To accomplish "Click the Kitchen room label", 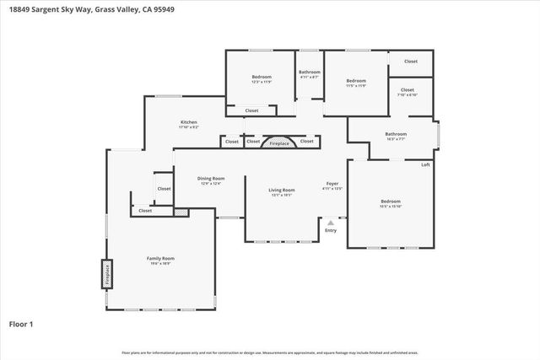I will tap(189, 123).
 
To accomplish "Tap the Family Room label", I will tap(160, 258).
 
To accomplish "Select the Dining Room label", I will tap(210, 178).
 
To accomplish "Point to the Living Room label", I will tap(282, 191).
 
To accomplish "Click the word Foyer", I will tap(332, 184).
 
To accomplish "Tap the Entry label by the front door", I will tap(331, 229).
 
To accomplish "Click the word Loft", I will tap(425, 164).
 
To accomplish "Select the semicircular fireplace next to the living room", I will tap(279, 142).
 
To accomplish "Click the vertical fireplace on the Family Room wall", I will tap(107, 272).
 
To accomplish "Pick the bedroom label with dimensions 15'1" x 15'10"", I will tap(390, 201).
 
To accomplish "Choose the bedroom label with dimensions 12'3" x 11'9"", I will tap(262, 78).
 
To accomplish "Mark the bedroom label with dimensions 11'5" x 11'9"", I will tap(355, 81).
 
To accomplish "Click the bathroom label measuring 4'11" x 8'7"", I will tap(309, 73).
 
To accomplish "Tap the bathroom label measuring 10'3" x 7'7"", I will tap(396, 134).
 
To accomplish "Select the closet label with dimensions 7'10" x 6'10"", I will tap(408, 90).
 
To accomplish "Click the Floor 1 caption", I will tap(21, 324).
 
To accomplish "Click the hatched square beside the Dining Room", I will tap(179, 212).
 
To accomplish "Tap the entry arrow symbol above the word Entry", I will tap(331, 223).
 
